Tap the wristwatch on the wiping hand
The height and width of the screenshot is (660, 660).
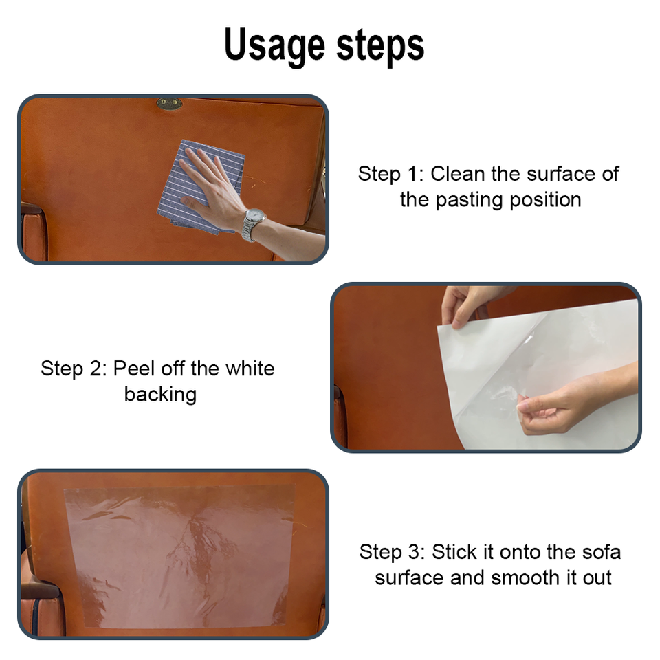click(253, 223)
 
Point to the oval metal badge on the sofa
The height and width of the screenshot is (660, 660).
click(169, 104)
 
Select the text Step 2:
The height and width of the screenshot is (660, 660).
click(74, 368)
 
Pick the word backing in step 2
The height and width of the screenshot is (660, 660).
click(160, 395)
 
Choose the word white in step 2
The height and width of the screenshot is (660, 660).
click(250, 368)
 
